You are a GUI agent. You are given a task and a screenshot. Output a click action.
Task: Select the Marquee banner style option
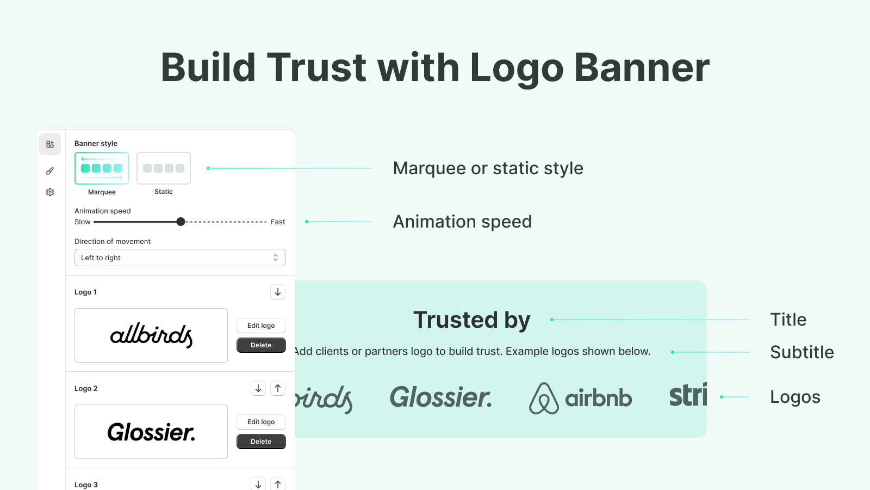point(101,168)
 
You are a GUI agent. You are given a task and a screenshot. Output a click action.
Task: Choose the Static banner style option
point(164,168)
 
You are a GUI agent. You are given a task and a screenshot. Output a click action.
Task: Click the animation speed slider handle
point(181,222)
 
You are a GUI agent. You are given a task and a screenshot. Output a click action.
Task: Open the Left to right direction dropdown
point(180,258)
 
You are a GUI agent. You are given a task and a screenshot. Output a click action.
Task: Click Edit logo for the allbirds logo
point(261,326)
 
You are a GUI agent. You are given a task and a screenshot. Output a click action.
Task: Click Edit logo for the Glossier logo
point(261,422)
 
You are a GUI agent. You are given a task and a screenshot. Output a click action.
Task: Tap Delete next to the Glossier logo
point(261,442)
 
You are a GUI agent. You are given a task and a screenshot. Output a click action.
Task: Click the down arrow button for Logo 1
point(278,292)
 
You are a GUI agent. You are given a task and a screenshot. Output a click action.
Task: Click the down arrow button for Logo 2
point(258,388)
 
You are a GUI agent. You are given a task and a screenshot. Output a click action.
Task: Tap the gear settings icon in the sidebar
point(50,192)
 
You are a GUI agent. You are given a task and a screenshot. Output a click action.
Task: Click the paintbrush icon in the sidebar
point(50,171)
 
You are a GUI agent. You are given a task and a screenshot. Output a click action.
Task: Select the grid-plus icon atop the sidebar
point(50,144)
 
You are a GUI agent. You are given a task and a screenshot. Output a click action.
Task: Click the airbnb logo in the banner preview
point(581,398)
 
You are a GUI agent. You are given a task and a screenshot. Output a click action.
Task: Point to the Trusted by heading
point(472,320)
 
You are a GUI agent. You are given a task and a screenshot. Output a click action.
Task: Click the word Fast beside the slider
point(278,222)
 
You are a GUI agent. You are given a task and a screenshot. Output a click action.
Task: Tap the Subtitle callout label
point(802,352)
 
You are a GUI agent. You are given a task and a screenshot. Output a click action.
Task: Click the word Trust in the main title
point(316,68)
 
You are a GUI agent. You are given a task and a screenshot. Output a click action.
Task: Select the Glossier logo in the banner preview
point(441,397)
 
